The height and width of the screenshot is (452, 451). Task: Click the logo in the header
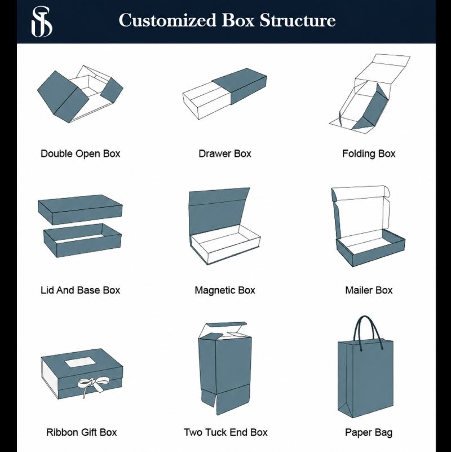coord(42,22)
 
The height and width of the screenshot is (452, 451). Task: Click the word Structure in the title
coord(298,20)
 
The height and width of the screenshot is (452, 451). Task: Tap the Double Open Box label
coord(81,153)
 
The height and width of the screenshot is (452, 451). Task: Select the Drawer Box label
coord(225,153)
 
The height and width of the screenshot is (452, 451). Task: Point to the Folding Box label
coord(369,153)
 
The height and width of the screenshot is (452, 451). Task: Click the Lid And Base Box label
coord(81,290)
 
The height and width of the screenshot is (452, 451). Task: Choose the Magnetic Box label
coord(225,290)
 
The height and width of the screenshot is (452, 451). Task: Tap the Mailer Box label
coord(369,290)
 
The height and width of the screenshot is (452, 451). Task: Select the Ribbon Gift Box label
coord(82,432)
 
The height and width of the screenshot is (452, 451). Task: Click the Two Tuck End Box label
coord(225,432)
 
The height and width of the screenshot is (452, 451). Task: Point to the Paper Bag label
coord(369,433)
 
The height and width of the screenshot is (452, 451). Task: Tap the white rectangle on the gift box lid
coord(82,362)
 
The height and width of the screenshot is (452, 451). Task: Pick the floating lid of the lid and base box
coord(80,209)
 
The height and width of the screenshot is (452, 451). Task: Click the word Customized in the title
coord(167,20)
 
